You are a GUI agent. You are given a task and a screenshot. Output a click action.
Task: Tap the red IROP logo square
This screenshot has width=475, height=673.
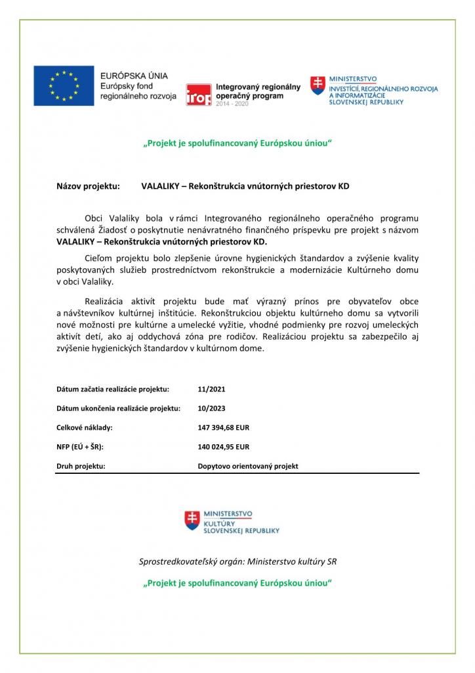pos(199,95)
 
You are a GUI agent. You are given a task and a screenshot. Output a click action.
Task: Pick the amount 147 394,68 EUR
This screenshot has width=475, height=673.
pos(223,427)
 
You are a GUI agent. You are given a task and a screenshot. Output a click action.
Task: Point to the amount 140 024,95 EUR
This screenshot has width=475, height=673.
pos(223,447)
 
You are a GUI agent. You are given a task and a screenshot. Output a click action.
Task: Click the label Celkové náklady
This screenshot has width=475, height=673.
pos(85,427)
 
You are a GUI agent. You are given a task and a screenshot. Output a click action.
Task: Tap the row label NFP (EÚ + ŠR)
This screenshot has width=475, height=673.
pos(80,447)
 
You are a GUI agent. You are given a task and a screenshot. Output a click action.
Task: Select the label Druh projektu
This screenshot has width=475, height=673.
pos(81,466)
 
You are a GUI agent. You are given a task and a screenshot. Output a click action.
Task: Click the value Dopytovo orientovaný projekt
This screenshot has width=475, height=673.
pos(248,466)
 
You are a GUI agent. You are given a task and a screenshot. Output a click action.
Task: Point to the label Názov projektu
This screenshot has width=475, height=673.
pos(89,186)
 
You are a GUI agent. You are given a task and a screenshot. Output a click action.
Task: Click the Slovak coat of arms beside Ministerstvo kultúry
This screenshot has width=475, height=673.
pos(192,521)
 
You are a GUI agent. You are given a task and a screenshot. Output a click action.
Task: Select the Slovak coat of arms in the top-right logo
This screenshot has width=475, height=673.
pos(318,85)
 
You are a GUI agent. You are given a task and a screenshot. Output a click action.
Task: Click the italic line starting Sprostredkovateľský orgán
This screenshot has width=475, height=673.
pos(237,561)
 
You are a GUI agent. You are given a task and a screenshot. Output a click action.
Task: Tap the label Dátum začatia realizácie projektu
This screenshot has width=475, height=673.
pos(113,389)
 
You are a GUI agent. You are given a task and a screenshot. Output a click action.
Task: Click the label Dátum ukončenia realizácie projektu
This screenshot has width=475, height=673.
pos(118,408)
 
